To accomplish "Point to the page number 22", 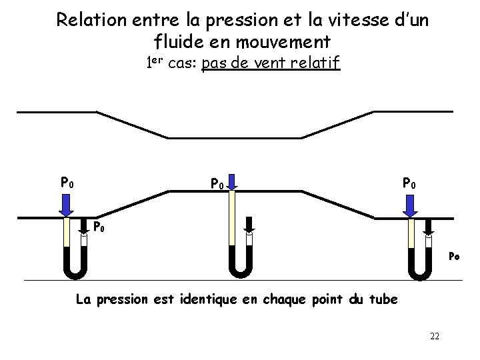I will pyautogui.click(x=434, y=335).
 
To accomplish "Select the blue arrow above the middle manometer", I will pyautogui.click(x=231, y=182).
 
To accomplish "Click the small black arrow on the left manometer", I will pyautogui.click(x=85, y=228).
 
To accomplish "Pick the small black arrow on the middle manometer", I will pyautogui.click(x=249, y=227).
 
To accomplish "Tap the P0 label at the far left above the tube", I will pyautogui.click(x=67, y=181).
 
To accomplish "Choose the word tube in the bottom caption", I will pyautogui.click(x=384, y=299).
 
